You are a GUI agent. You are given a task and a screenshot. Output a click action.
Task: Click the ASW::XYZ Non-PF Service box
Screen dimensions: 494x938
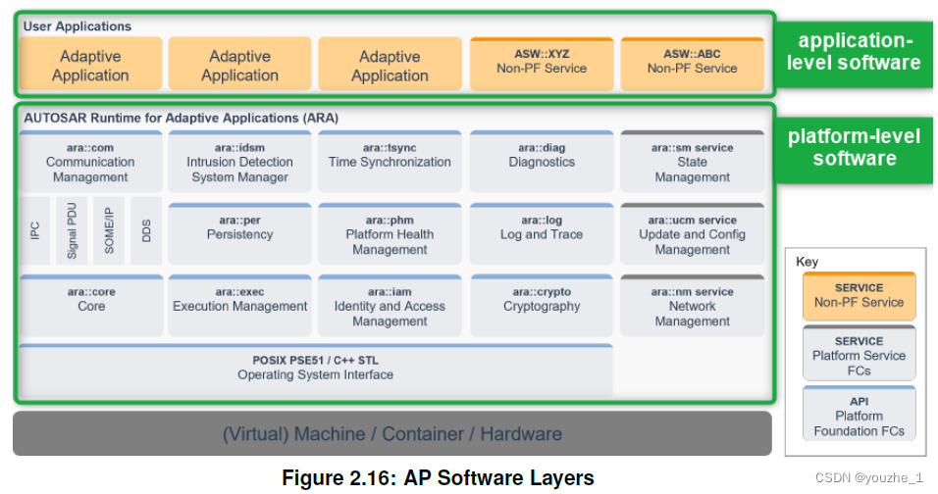[542, 63]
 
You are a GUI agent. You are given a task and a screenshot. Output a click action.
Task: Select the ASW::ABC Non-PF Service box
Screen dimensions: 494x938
[692, 63]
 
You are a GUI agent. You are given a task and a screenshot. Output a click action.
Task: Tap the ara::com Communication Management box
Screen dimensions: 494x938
[90, 163]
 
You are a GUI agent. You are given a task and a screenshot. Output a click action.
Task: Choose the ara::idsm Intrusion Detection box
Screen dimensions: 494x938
[239, 163]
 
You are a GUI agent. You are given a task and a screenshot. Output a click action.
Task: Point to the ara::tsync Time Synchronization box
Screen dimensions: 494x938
[390, 163]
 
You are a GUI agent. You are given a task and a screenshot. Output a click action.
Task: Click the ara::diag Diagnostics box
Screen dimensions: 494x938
[542, 163]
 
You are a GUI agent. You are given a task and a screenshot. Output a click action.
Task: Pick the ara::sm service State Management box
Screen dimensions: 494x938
[692, 163]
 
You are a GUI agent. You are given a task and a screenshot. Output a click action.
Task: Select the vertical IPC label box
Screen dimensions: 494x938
[35, 232]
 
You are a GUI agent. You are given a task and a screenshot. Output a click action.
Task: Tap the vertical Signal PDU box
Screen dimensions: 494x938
[72, 232]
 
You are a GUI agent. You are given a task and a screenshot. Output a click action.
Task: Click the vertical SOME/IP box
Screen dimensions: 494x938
[108, 232]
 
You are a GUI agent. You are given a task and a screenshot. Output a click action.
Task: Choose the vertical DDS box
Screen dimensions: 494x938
[146, 232]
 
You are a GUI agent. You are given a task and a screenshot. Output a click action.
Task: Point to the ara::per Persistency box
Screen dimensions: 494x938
[239, 232]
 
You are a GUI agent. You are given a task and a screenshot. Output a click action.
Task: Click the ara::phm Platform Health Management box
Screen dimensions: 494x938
[390, 234]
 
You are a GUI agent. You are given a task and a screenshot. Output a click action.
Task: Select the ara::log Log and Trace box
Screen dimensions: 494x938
[542, 232]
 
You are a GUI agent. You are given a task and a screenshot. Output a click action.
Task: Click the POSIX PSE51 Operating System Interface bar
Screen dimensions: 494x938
[316, 369]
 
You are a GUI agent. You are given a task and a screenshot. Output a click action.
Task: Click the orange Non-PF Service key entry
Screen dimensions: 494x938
[859, 295]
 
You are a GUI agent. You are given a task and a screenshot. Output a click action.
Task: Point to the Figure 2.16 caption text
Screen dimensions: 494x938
[438, 478]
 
